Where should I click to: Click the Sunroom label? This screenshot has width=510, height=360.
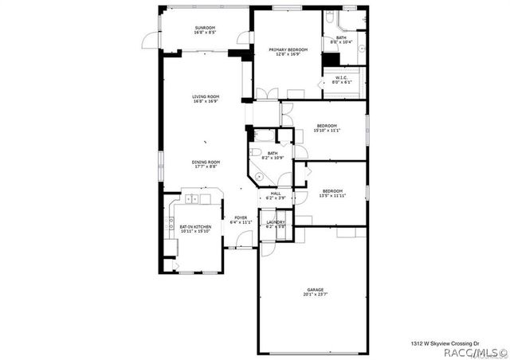point(205,31)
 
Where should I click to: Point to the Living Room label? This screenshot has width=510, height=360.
point(205,99)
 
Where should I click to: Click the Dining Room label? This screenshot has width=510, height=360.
point(205,164)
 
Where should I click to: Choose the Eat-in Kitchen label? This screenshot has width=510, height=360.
point(194,229)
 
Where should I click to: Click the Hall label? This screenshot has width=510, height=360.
point(276,196)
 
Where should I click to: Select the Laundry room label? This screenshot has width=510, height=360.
point(276,224)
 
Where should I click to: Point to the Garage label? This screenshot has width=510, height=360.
point(315,292)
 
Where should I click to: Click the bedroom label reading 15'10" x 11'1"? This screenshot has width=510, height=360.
point(328,128)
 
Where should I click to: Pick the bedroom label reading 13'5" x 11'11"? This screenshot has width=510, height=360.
point(332,194)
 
